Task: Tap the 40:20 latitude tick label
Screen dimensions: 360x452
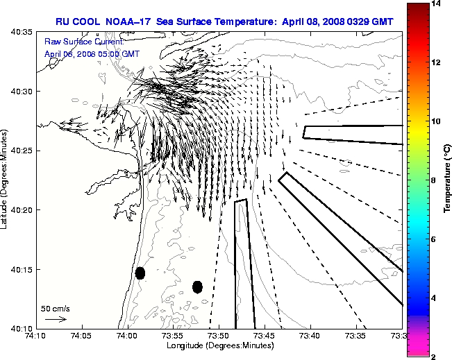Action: coord(23,210)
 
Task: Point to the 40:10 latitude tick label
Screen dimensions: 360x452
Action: coord(23,328)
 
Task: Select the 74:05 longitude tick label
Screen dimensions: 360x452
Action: coord(82,336)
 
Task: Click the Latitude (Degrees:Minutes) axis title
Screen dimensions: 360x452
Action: coord(6,180)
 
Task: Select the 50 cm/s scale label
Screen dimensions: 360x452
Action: coord(56,309)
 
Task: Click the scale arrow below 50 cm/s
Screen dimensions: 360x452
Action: coord(55,319)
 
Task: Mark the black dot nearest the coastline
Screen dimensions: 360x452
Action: coord(140,273)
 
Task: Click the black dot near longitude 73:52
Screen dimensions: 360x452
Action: coord(197,286)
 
